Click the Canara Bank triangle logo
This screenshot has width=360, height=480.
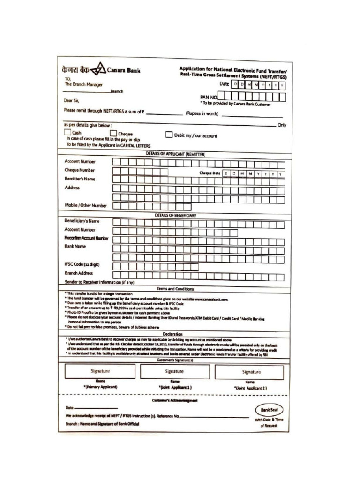(x=98, y=71)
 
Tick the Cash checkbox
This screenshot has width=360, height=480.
(x=67, y=133)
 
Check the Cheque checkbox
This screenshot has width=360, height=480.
(x=113, y=134)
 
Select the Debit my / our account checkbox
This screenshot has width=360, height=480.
(x=169, y=135)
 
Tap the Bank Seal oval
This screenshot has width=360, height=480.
(x=269, y=409)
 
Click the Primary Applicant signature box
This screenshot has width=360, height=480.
(x=100, y=372)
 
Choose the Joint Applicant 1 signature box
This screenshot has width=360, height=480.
(x=174, y=372)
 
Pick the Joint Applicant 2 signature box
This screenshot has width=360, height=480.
(x=249, y=372)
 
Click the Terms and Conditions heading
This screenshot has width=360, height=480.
(x=175, y=289)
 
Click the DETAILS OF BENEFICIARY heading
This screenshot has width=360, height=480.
(x=175, y=215)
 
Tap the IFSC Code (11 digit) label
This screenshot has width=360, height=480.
(x=82, y=264)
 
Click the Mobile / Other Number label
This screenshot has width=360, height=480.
(x=86, y=205)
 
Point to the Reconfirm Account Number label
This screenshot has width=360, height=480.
(x=86, y=238)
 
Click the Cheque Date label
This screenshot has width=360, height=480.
(x=210, y=173)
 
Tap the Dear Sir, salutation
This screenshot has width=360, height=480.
(x=72, y=100)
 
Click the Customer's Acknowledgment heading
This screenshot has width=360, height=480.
(x=175, y=401)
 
